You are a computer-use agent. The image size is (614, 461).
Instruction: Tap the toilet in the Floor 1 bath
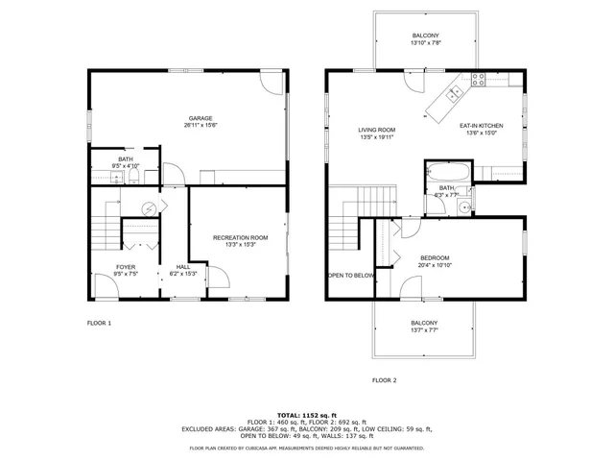(105, 175)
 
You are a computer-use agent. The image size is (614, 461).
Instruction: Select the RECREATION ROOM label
(240, 237)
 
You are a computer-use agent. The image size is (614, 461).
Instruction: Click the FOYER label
(126, 267)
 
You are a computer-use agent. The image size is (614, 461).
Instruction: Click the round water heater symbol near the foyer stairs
(149, 207)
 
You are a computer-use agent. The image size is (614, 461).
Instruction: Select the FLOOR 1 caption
(100, 323)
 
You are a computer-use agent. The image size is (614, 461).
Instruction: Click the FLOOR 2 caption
(385, 380)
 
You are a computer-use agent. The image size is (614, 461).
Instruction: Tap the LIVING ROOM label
(377, 130)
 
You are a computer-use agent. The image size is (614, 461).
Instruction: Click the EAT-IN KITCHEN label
(481, 126)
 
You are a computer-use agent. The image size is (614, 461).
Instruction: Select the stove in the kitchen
(477, 81)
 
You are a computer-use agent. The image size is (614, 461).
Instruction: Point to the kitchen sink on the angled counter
(454, 91)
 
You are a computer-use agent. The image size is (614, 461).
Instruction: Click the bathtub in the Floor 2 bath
(447, 175)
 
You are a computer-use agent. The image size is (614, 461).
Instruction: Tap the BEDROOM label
(435, 257)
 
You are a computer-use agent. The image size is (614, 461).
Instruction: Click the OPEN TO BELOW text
(350, 275)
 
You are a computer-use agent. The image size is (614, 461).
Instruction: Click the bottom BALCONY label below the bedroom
(424, 323)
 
